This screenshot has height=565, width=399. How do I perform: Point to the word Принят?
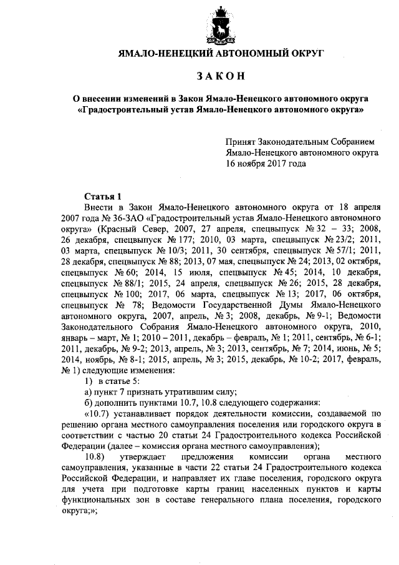point(241,141)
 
